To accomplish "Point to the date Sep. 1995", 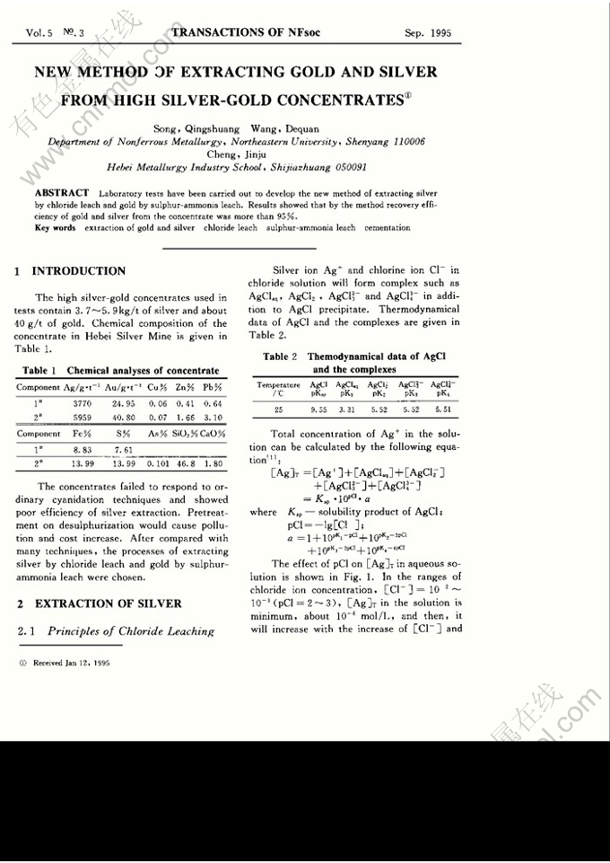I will [428, 34].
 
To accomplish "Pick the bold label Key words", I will [55, 228].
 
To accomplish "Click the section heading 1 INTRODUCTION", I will [71, 271].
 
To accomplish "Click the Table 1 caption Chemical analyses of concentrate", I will [143, 370].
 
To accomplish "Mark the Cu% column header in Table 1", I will [158, 387].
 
